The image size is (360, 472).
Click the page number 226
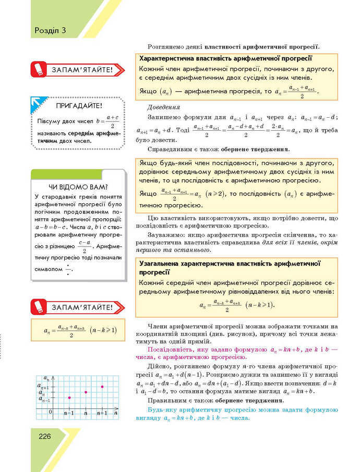(x=44, y=436)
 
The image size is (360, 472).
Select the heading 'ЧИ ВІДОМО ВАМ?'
(x=78, y=187)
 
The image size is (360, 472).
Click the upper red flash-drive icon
(x=38, y=69)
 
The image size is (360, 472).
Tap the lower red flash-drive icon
(x=38, y=306)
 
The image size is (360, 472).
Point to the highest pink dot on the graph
(x=102, y=387)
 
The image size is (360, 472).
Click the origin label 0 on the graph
(x=50, y=412)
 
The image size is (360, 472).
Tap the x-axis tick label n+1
(x=102, y=413)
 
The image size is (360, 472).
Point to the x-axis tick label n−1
(x=68, y=413)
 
